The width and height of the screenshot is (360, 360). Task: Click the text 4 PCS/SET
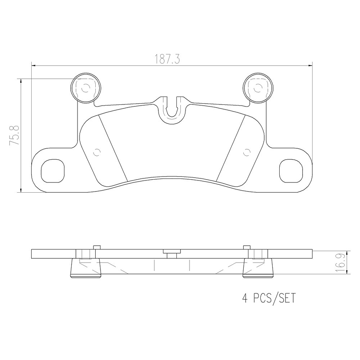[x=269, y=297]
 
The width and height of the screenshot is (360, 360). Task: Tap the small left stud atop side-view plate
[x=95, y=247]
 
